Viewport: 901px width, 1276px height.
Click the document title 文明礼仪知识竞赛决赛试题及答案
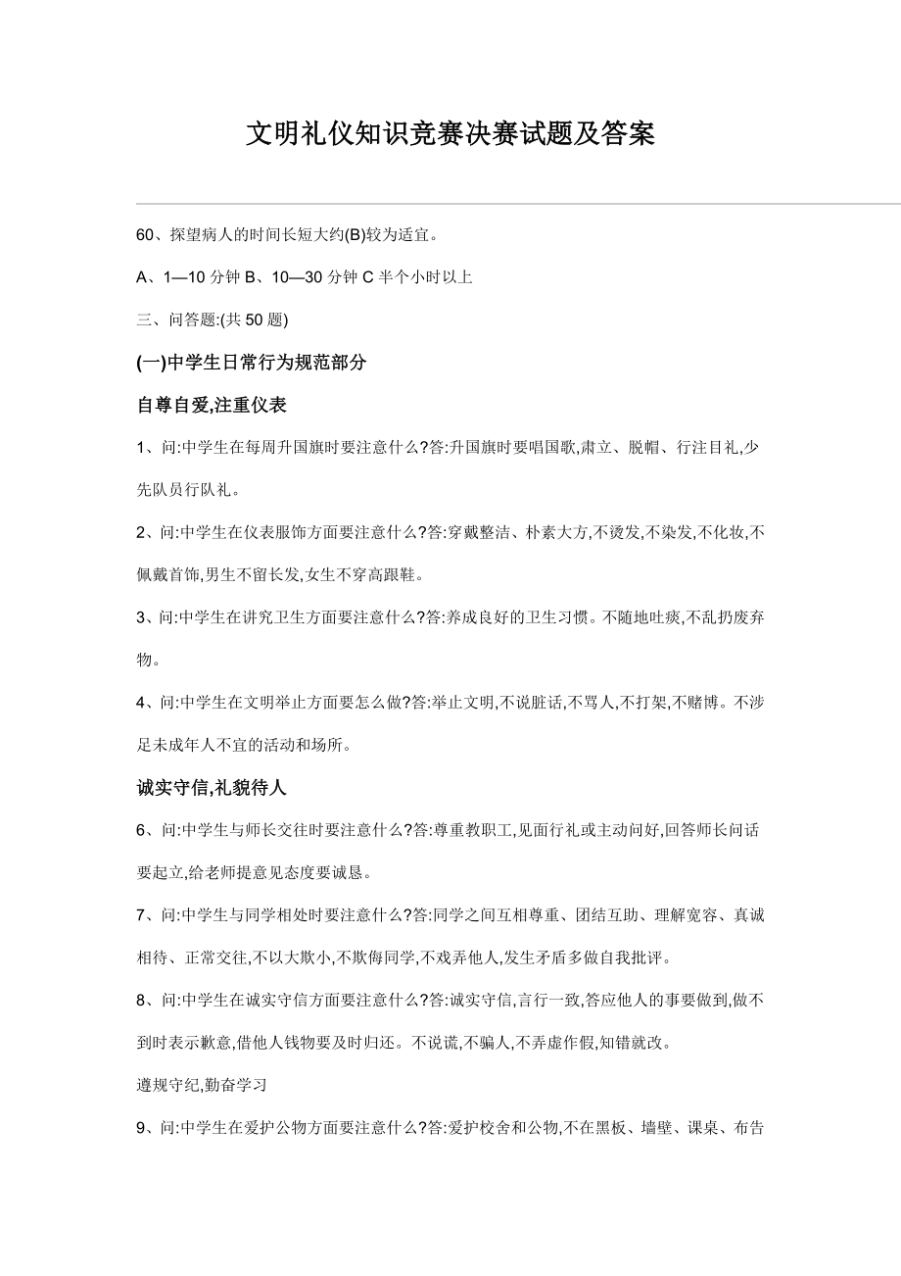(450, 133)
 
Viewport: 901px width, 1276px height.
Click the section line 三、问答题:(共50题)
(212, 319)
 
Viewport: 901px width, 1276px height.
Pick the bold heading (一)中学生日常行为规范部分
(252, 363)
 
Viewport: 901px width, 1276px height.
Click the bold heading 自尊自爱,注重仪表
(211, 405)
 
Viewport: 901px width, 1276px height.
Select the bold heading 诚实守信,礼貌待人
(211, 787)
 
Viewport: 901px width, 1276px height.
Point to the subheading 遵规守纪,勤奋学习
(202, 1086)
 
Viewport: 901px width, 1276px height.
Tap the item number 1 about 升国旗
(141, 448)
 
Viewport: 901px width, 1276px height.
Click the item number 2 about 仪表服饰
(141, 532)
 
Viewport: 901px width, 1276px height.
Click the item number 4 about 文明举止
(141, 703)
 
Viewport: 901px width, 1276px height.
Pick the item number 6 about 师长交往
(141, 830)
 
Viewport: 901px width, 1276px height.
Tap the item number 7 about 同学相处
(141, 915)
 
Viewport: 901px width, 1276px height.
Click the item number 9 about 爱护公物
(141, 1128)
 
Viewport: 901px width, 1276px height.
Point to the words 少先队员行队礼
(186, 490)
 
